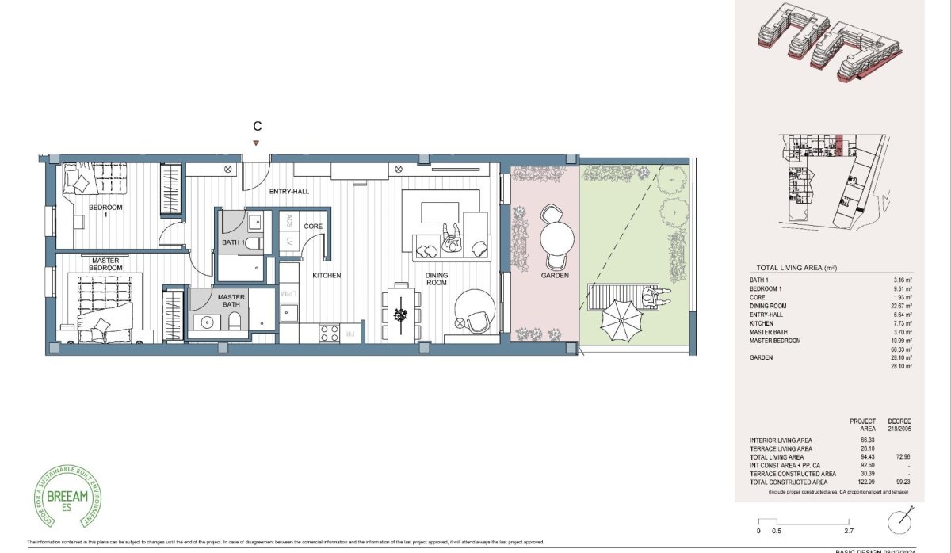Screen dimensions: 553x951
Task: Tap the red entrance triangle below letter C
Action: [x=255, y=143]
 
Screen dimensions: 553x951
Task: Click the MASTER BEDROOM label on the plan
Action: [x=105, y=265]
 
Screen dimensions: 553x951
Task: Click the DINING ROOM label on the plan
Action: [x=437, y=279]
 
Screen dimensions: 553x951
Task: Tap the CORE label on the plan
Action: [x=312, y=227]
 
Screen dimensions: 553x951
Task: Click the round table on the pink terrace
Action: [x=556, y=237]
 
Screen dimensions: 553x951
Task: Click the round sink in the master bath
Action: [x=210, y=322]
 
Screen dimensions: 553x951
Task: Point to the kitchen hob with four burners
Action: [x=329, y=333]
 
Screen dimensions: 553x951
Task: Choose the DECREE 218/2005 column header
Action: [x=902, y=425]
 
